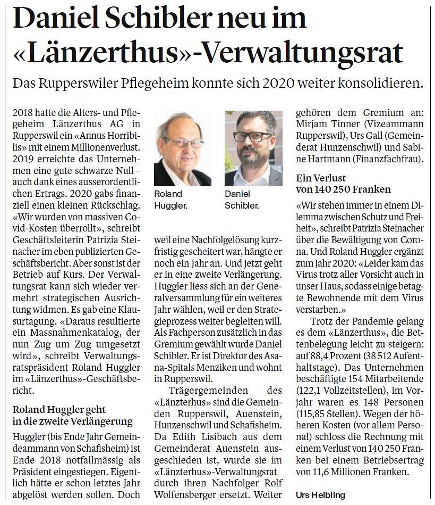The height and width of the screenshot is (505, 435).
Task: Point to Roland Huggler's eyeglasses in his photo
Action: pyautogui.click(x=183, y=142)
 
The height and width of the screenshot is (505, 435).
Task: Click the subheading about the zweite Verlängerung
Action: pyautogui.click(x=72, y=416)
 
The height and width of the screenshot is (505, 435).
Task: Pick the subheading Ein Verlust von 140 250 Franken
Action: pyautogui.click(x=343, y=183)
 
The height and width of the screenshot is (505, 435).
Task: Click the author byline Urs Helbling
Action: pyautogui.click(x=317, y=494)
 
